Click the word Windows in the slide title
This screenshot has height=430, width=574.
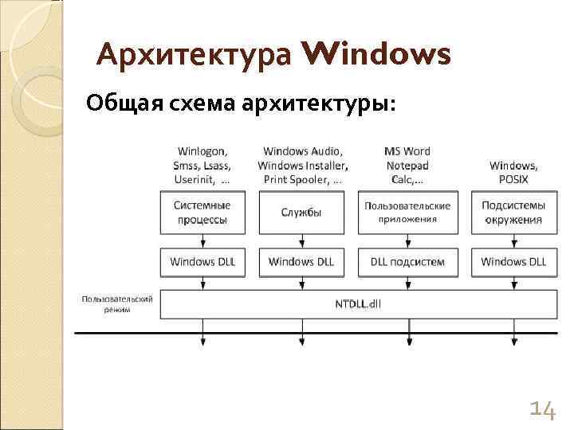pyautogui.click(x=376, y=56)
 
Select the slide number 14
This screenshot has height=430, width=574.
pyautogui.click(x=542, y=409)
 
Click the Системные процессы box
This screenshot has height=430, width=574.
pyautogui.click(x=202, y=212)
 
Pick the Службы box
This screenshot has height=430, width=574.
pyautogui.click(x=302, y=212)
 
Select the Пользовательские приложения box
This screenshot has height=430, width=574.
pyautogui.click(x=407, y=212)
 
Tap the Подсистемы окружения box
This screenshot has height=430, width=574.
pyautogui.click(x=513, y=212)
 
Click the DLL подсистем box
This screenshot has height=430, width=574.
pyautogui.click(x=407, y=261)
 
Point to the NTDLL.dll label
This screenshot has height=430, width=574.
pyautogui.click(x=359, y=303)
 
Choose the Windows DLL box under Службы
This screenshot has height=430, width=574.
pyautogui.click(x=302, y=261)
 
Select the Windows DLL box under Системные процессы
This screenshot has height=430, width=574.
pyautogui.click(x=202, y=261)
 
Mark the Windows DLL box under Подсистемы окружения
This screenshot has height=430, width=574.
pyautogui.click(x=513, y=261)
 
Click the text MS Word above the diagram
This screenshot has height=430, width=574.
pyautogui.click(x=407, y=151)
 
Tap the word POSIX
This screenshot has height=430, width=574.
pyautogui.click(x=513, y=179)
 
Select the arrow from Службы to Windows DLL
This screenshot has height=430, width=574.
pyautogui.click(x=302, y=240)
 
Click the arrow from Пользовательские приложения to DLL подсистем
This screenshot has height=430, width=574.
pyautogui.click(x=407, y=240)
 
